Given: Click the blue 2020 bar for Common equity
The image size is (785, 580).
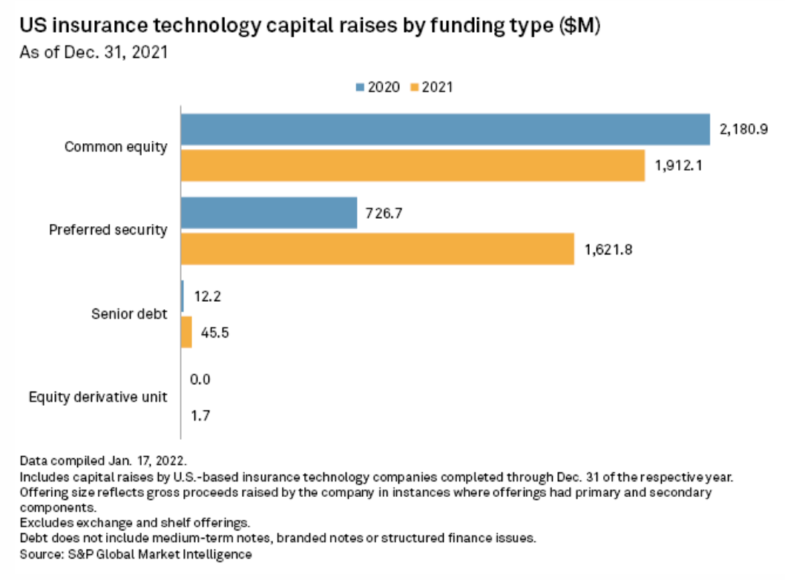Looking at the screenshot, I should pyautogui.click(x=445, y=129).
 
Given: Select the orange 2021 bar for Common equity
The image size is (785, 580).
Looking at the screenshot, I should pyautogui.click(x=413, y=165).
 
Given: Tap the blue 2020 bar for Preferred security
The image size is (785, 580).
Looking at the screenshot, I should pyautogui.click(x=269, y=213).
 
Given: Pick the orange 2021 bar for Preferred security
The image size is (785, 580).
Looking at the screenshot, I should pyautogui.click(x=378, y=248).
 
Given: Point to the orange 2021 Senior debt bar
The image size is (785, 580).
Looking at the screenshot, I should pyautogui.click(x=187, y=332).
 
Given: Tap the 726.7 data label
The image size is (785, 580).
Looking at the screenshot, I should pyautogui.click(x=384, y=214).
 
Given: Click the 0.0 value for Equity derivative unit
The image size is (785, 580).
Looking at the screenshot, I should pyautogui.click(x=200, y=380).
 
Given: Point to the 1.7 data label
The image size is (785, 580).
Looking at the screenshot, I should pyautogui.click(x=200, y=415).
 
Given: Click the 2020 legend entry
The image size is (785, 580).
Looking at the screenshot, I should pyautogui.click(x=378, y=87).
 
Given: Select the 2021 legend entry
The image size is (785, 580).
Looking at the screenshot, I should pyautogui.click(x=431, y=87).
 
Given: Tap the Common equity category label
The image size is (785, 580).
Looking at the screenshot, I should pyautogui.click(x=116, y=147).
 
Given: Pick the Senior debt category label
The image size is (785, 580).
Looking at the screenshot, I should pyautogui.click(x=129, y=314).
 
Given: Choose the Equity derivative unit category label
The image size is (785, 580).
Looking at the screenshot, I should pyautogui.click(x=98, y=397).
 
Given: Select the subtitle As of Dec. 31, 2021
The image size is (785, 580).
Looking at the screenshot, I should pyautogui.click(x=94, y=53).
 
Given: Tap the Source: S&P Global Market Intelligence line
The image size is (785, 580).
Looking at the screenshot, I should pyautogui.click(x=136, y=554).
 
